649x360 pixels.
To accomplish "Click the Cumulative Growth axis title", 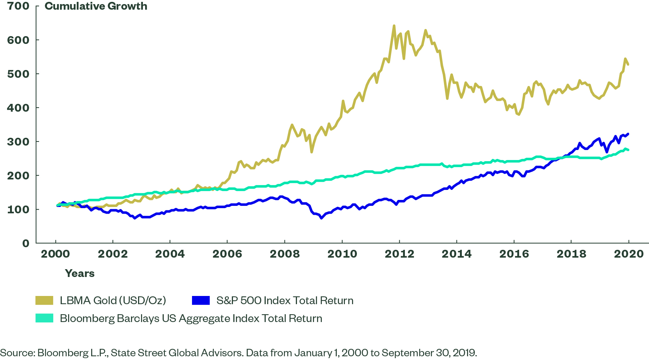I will point(96,6).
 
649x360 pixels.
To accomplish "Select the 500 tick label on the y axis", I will point(18,74).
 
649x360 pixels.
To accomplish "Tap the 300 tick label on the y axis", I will point(18,141).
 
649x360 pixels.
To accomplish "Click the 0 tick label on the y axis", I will point(25,243).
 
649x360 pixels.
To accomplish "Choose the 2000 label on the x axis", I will point(55,254).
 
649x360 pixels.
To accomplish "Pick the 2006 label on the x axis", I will point(227,254).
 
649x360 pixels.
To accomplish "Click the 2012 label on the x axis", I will point(399,254).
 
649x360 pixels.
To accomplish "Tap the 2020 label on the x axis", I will point(629,254).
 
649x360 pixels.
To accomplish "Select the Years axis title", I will point(80,274).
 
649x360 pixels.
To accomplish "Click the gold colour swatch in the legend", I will point(44,300).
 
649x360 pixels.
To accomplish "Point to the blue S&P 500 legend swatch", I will point(201,300).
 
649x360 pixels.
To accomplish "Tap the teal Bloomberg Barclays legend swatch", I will point(44,318).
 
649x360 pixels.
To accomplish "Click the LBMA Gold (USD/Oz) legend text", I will point(113,300).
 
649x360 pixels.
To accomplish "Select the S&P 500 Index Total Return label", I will point(285,300).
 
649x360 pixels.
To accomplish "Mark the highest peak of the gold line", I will point(394,26).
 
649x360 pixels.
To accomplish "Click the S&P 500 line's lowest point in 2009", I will point(321,218).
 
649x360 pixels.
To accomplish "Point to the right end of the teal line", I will point(629,150).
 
